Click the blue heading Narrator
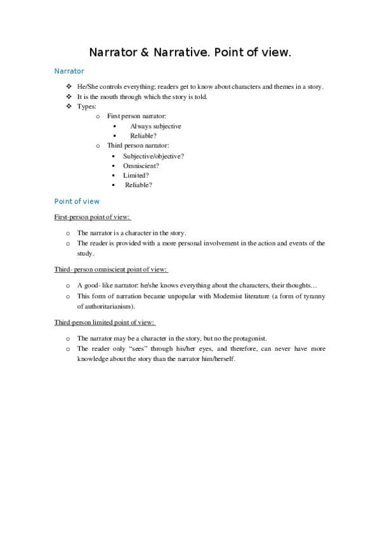tap(69, 72)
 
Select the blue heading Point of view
tap(77, 201)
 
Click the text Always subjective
tap(155, 126)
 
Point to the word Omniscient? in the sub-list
tap(141, 166)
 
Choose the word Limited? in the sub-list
tap(136, 175)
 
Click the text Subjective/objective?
tap(154, 156)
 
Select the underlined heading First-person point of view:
tap(92, 217)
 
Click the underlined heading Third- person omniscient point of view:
tap(111, 270)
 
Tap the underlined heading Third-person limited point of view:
tap(105, 322)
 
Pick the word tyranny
tap(310, 296)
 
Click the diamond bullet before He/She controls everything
tap(69, 87)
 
